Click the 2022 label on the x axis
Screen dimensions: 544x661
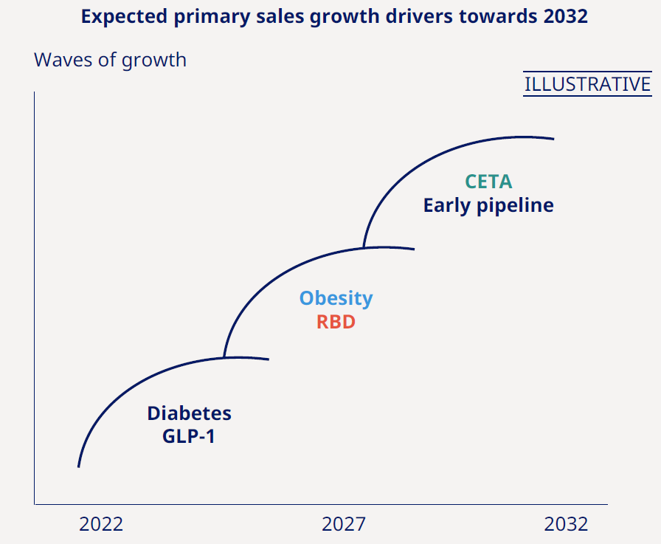101,524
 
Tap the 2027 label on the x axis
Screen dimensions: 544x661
343,524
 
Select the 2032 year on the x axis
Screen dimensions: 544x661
566,524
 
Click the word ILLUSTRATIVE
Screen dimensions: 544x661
587,85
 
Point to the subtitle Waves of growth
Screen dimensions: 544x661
110,60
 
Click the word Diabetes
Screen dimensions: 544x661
189,413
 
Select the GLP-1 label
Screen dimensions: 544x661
189,436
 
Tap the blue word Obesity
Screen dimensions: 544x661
336,299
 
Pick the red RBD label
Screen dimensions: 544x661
336,323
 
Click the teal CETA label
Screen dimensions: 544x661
488,182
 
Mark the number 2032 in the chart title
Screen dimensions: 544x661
564,16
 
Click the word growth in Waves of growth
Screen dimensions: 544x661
153,61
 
